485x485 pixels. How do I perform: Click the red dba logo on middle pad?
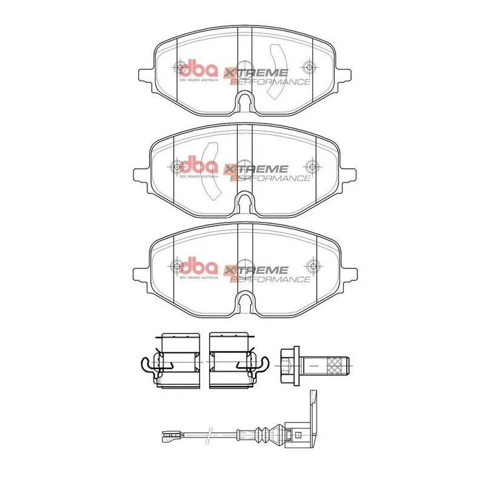[197, 166]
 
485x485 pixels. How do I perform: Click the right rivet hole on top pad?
[310, 67]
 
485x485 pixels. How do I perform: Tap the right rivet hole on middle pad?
[310, 166]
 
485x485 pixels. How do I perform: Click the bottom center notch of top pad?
[245, 101]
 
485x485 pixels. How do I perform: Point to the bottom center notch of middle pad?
[245, 201]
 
